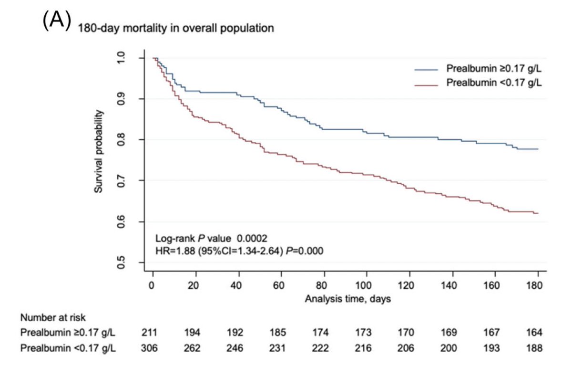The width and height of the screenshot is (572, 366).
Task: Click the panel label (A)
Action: click(57, 21)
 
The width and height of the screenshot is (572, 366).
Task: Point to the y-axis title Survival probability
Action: click(98, 151)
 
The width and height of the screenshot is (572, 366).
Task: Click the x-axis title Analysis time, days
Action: click(348, 299)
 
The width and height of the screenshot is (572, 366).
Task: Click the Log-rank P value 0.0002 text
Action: click(206, 238)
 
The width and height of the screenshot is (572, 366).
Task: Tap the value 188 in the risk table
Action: click(535, 348)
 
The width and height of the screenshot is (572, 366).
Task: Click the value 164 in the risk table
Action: click(535, 332)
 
